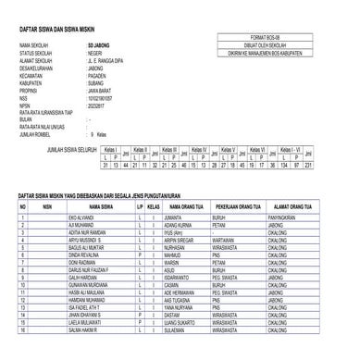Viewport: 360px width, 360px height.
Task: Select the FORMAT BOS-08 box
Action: coord(280,37)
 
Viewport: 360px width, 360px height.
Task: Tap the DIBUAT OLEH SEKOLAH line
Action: coord(280,44)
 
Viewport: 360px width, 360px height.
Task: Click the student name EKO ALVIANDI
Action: coord(84,217)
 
